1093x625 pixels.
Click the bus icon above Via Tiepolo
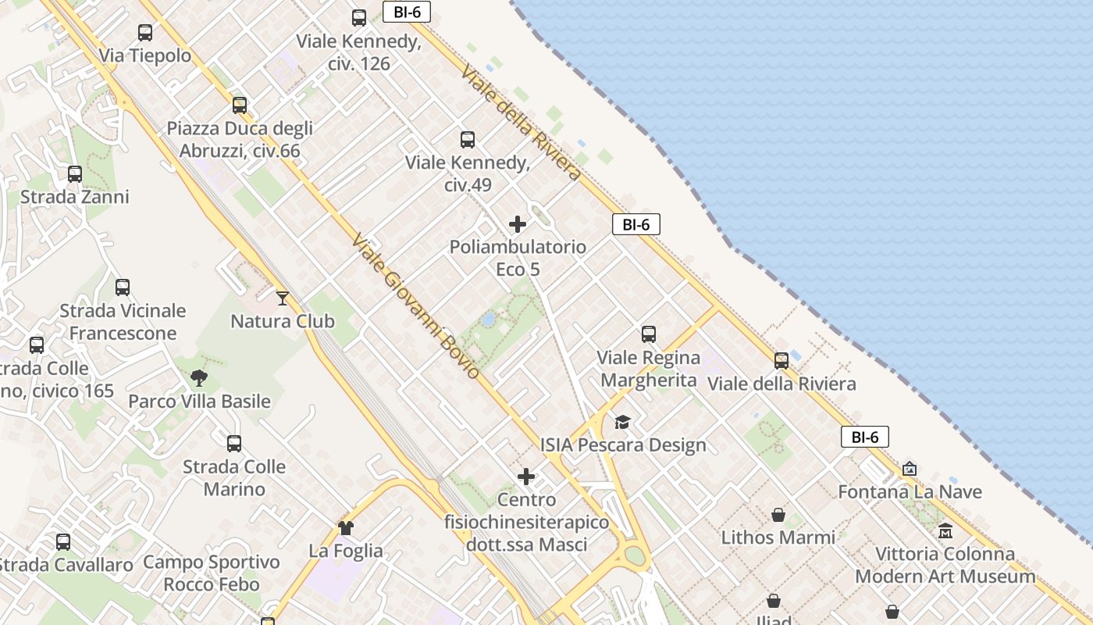pos(145,33)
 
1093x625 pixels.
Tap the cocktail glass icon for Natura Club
pos(283,298)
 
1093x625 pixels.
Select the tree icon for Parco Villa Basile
pos(199,378)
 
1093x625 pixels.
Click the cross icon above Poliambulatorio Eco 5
pos(518,225)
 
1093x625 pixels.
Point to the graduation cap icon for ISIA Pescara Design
pos(622,423)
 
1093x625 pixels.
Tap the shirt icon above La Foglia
pos(346,528)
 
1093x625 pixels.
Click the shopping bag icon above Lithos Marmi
pos(778,515)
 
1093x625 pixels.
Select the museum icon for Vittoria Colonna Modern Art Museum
pos(945,531)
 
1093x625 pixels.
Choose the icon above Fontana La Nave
pos(910,470)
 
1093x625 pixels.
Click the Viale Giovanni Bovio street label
pos(415,306)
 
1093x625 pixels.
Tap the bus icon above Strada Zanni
pos(75,174)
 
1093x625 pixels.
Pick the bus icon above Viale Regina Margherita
pos(649,334)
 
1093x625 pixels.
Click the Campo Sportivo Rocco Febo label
pos(212,573)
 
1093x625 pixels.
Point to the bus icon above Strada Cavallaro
pos(63,542)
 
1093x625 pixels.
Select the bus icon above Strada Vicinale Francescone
pos(123,287)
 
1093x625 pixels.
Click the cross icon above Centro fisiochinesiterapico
pos(527,477)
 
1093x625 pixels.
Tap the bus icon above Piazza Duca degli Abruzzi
pos(240,105)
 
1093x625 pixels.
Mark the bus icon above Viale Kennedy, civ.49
pos(468,140)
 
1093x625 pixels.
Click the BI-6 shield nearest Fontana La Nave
pos(865,437)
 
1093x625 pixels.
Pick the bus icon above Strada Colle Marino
pos(234,444)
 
